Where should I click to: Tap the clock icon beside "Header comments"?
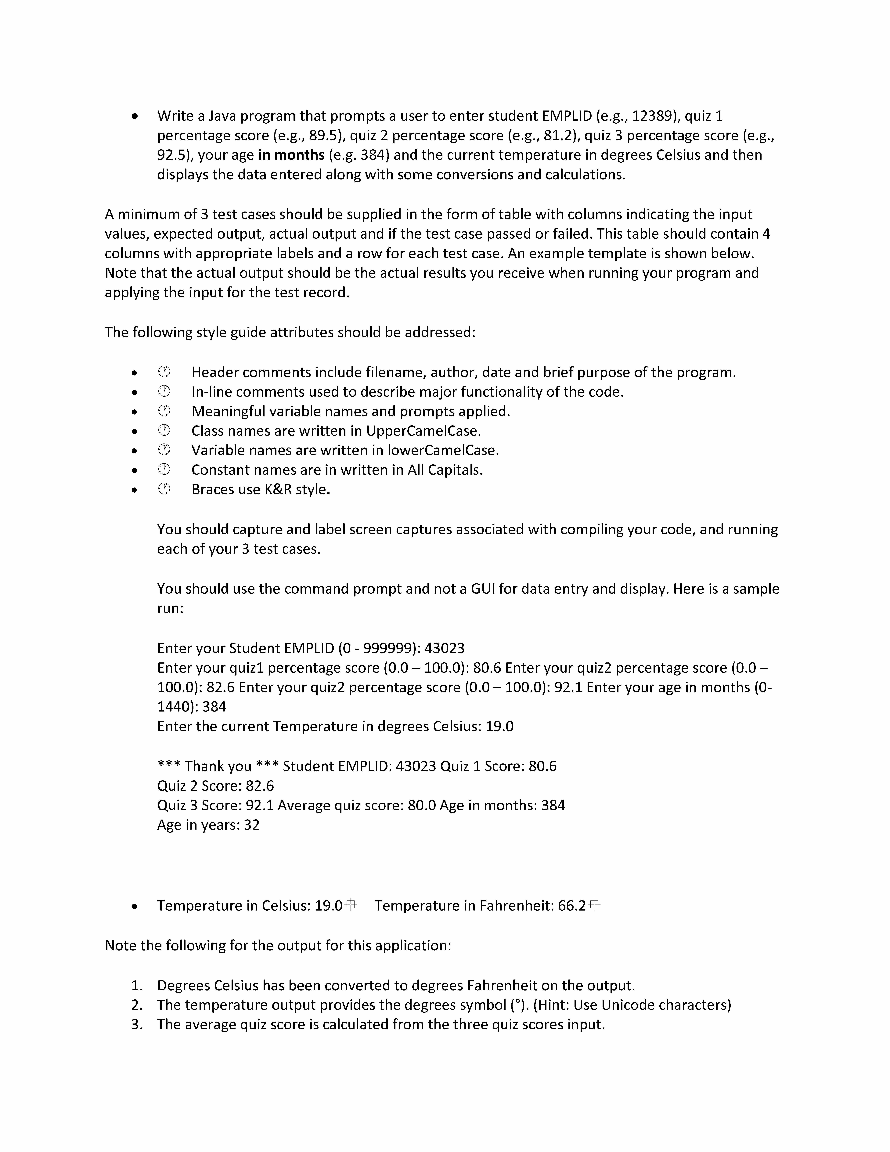(x=164, y=372)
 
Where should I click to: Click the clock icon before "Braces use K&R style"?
(x=164, y=489)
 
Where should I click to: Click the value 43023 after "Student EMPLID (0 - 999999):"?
(x=445, y=648)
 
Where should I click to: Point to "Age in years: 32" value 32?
(x=251, y=825)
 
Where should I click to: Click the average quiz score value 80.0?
(x=422, y=805)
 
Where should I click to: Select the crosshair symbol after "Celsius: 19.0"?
(x=351, y=905)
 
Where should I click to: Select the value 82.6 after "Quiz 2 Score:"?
(x=259, y=786)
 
